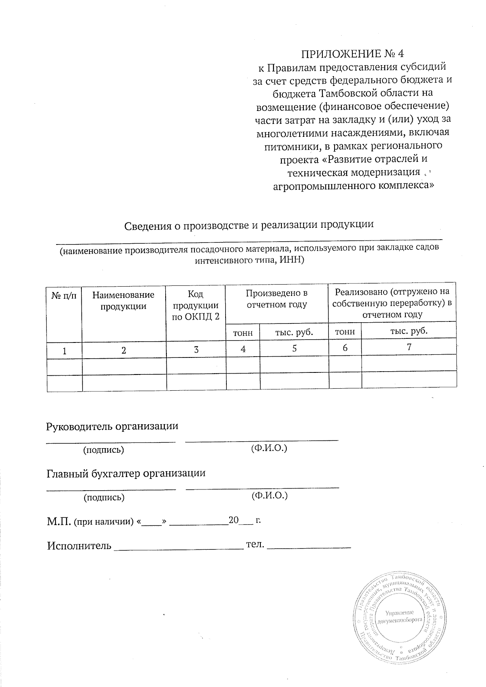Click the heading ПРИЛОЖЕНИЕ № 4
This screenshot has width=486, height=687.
[x=352, y=54]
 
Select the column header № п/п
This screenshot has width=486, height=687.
[x=64, y=295]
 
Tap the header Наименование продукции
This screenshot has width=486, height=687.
[x=124, y=300]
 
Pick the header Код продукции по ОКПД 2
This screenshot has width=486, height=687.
[x=196, y=305]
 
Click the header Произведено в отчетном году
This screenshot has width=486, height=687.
[x=277, y=298]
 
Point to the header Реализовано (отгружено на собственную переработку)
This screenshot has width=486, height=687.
[x=392, y=302]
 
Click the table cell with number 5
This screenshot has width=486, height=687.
[x=294, y=348]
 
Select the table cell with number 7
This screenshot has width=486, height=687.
[x=409, y=347]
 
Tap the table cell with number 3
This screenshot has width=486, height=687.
[x=196, y=349]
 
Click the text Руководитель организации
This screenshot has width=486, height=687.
[x=113, y=426]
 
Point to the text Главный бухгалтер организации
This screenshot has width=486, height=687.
[x=126, y=473]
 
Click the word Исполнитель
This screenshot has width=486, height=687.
[x=79, y=546]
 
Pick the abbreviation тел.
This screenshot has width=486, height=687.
[x=255, y=544]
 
